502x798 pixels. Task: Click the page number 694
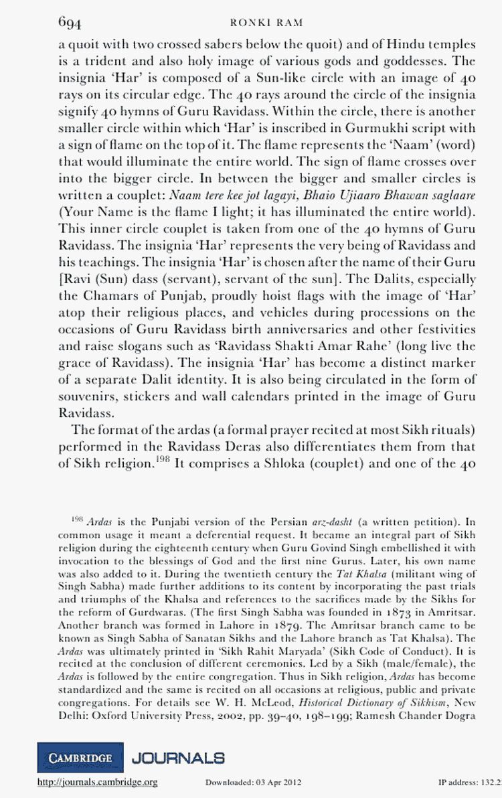(x=70, y=23)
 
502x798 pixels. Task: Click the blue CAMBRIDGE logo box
(x=80, y=757)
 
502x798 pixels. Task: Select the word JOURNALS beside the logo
(x=178, y=758)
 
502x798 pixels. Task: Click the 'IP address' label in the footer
(x=455, y=783)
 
